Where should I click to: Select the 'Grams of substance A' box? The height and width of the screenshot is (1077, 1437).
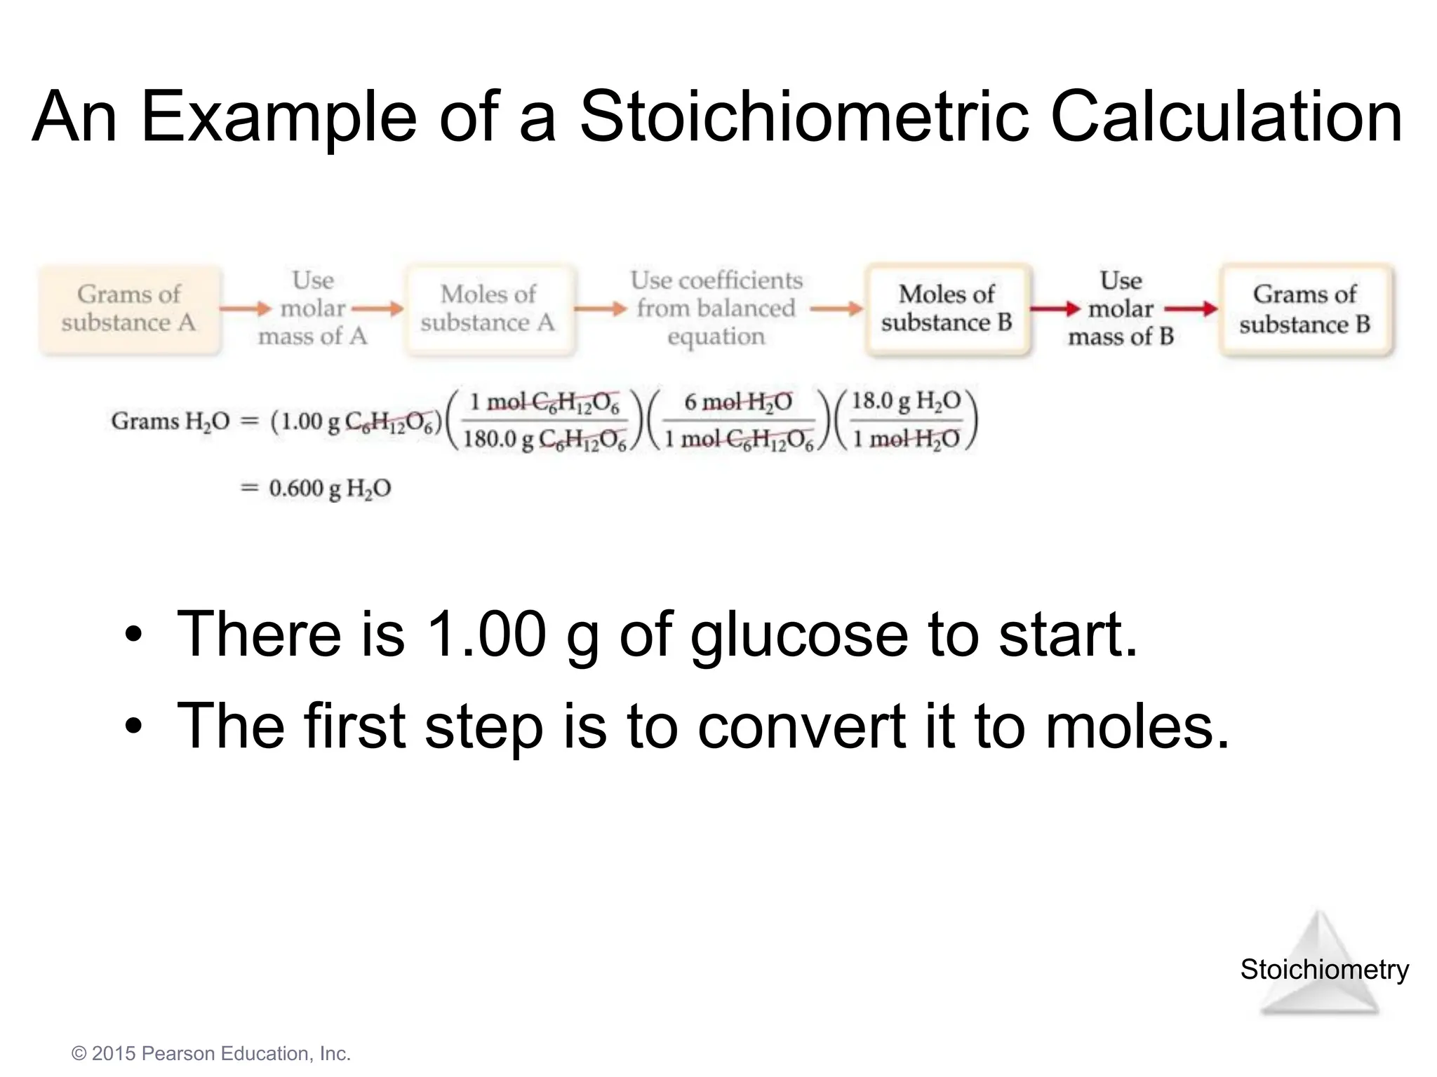(129, 309)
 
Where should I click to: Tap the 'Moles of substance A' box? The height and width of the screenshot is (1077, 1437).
(488, 309)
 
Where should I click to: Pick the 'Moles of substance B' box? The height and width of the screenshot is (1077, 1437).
(947, 309)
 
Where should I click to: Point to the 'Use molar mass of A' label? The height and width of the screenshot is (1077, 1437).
(312, 309)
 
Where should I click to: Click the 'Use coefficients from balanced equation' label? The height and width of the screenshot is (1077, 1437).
(716, 309)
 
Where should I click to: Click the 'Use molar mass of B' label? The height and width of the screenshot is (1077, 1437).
(1121, 309)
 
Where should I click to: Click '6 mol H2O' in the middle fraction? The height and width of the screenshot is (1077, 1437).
(738, 402)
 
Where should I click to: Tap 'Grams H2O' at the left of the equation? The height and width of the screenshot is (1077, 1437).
(171, 421)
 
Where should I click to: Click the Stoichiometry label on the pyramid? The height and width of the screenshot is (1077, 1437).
(1324, 970)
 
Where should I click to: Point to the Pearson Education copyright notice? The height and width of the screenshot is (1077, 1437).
(211, 1053)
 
